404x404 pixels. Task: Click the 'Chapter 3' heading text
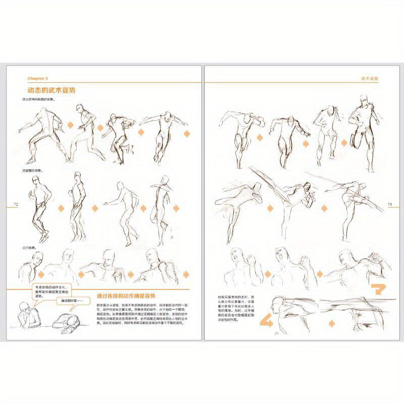pos(37,79)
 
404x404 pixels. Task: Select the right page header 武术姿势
pos(370,79)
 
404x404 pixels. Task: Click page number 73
pos(390,204)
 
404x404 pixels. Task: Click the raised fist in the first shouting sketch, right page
pos(250,262)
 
